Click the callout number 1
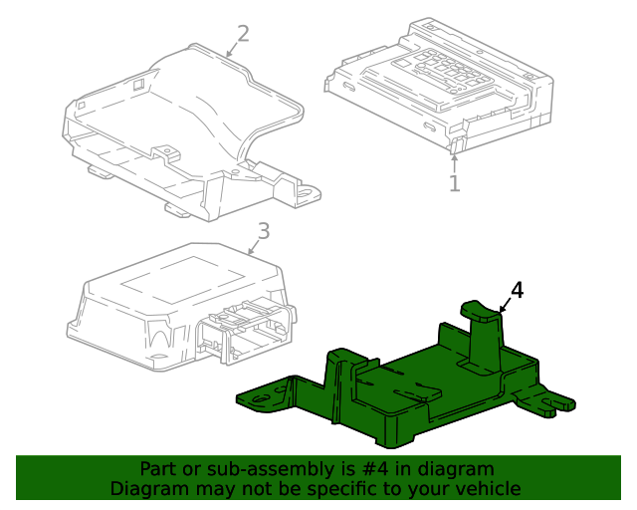[454, 183]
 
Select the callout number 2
[242, 34]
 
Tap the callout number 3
[262, 232]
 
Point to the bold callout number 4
[516, 290]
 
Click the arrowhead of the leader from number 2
[228, 55]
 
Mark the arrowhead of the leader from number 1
[454, 152]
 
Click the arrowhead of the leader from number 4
[500, 311]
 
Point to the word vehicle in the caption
[488, 489]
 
